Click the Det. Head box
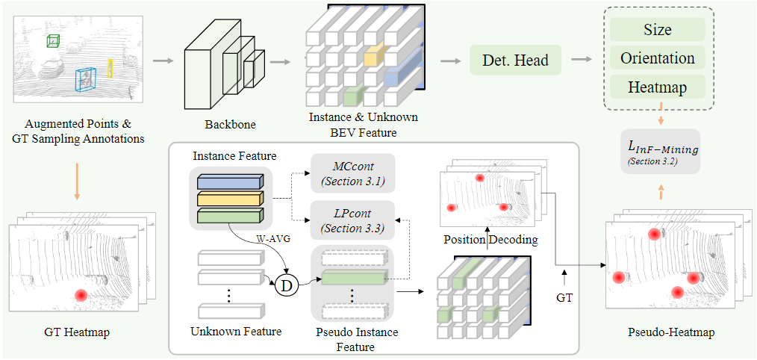(x=516, y=60)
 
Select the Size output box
(x=657, y=29)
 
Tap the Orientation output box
(x=657, y=58)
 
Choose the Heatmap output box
(x=657, y=87)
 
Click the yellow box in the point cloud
(x=110, y=68)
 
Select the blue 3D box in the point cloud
(x=85, y=79)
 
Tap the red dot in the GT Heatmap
(x=81, y=295)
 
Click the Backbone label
(x=230, y=124)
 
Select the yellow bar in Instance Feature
(x=231, y=197)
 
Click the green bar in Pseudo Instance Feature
(x=355, y=278)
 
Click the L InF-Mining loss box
(x=660, y=152)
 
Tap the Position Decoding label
(x=490, y=240)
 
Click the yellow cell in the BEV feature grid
(x=373, y=55)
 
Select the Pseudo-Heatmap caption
(x=671, y=333)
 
